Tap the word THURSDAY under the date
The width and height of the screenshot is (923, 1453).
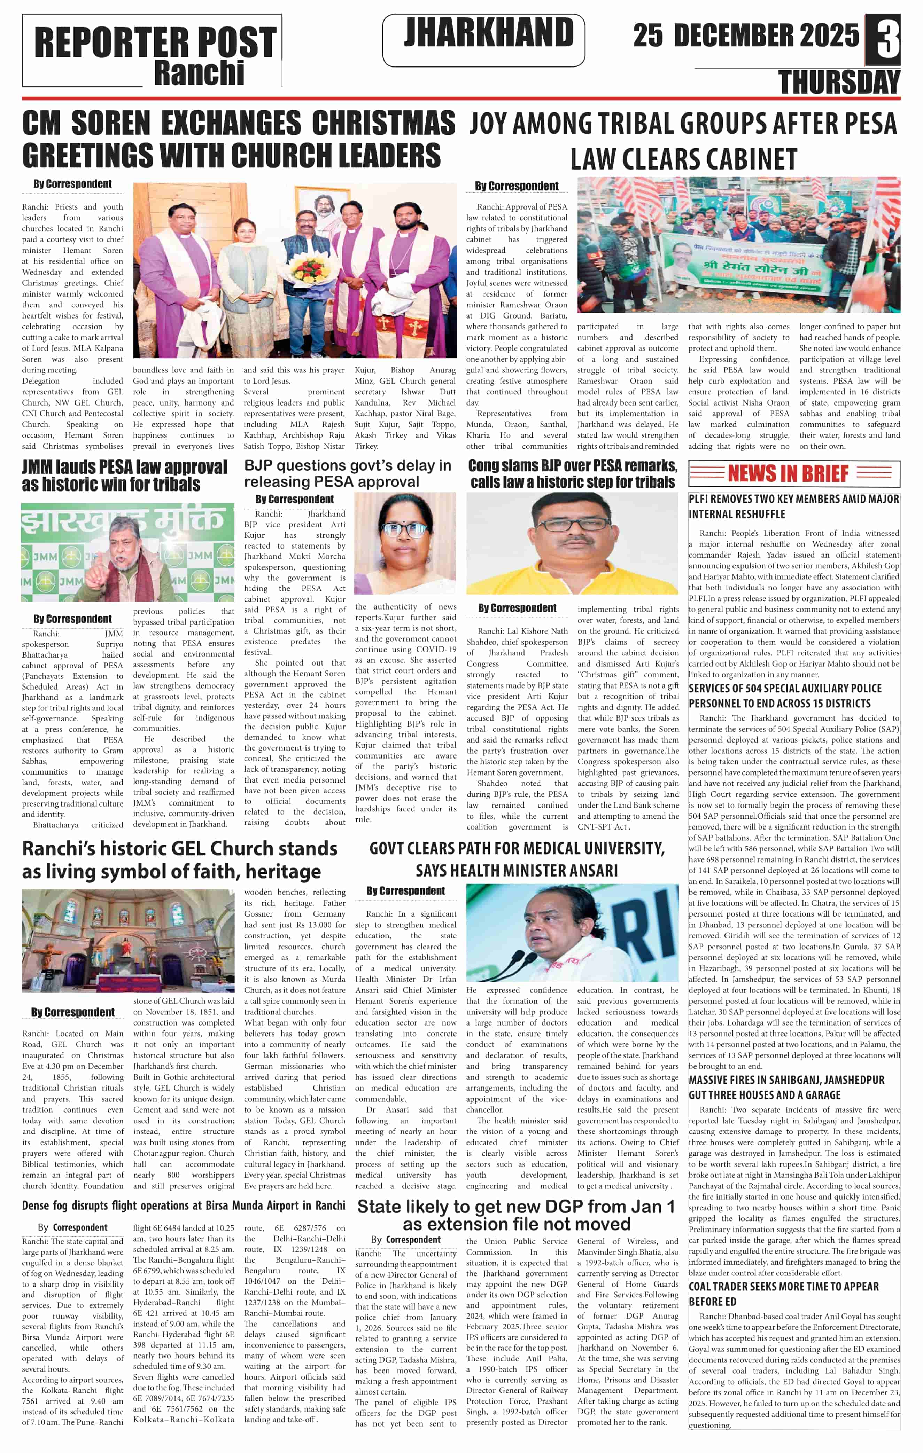tap(839, 82)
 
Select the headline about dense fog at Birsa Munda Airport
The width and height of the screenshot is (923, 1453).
tap(184, 1205)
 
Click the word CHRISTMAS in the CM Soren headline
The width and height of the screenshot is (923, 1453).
tap(383, 123)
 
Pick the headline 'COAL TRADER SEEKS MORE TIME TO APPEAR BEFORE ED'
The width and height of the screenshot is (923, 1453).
tap(784, 1294)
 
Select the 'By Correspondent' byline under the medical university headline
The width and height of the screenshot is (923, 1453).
tap(406, 890)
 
